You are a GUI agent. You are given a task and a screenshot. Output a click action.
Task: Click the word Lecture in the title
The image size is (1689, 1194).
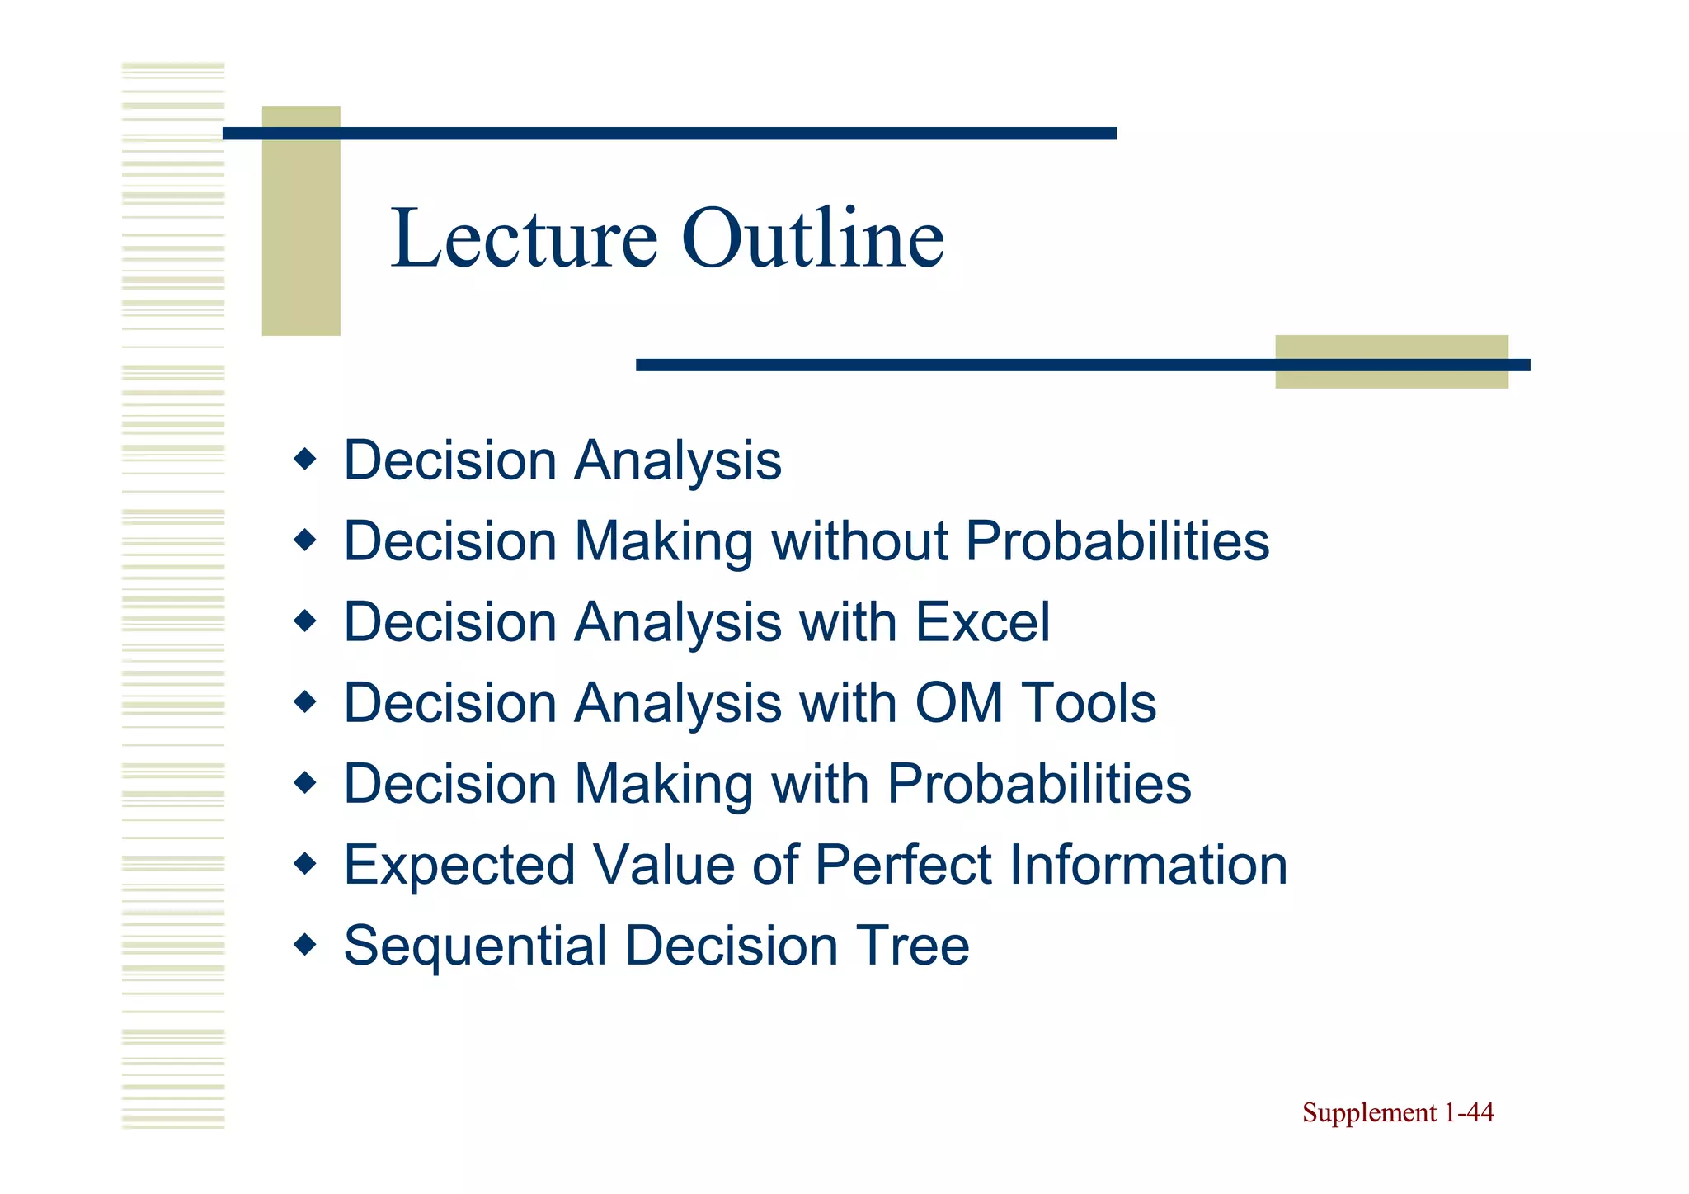coord(525,239)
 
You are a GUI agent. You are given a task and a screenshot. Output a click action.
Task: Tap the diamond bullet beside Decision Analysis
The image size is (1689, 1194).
coord(305,459)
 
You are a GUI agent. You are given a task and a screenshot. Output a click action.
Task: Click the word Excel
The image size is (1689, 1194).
coord(982,622)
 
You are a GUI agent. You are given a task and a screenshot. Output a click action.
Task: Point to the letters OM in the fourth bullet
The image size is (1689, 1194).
coord(958,703)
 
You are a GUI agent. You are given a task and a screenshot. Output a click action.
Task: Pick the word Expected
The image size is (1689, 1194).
coord(459,866)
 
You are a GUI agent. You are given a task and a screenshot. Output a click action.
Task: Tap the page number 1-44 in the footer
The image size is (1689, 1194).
coord(1468,1112)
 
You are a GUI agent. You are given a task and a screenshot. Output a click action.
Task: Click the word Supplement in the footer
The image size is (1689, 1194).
coord(1370,1113)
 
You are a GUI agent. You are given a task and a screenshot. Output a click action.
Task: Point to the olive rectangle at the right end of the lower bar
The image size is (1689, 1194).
coord(1391,361)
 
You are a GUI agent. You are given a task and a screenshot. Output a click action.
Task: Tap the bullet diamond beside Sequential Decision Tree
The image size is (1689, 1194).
coord(305,944)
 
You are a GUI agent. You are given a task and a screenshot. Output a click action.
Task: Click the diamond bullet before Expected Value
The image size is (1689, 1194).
coord(305,864)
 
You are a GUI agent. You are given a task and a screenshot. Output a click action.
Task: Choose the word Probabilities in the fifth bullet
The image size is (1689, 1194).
coord(1039,784)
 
